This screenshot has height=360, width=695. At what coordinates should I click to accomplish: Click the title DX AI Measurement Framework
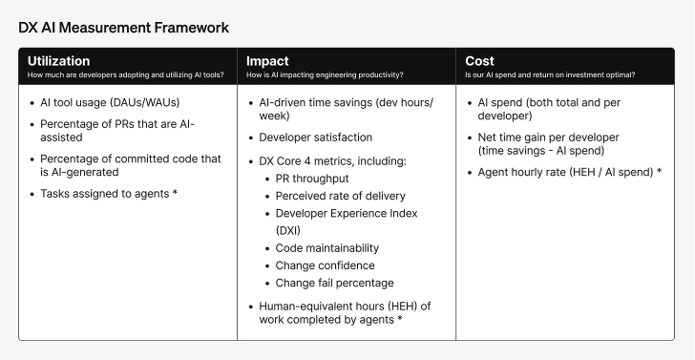123,28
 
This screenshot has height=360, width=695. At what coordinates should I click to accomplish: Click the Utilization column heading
58,60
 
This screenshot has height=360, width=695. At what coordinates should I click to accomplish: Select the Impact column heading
267,60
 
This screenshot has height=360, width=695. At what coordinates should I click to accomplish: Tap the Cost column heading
479,60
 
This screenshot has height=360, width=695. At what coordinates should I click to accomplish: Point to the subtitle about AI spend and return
549,74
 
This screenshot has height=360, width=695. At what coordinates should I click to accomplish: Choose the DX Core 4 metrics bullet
332,160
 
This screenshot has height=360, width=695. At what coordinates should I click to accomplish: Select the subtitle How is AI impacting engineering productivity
324,74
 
